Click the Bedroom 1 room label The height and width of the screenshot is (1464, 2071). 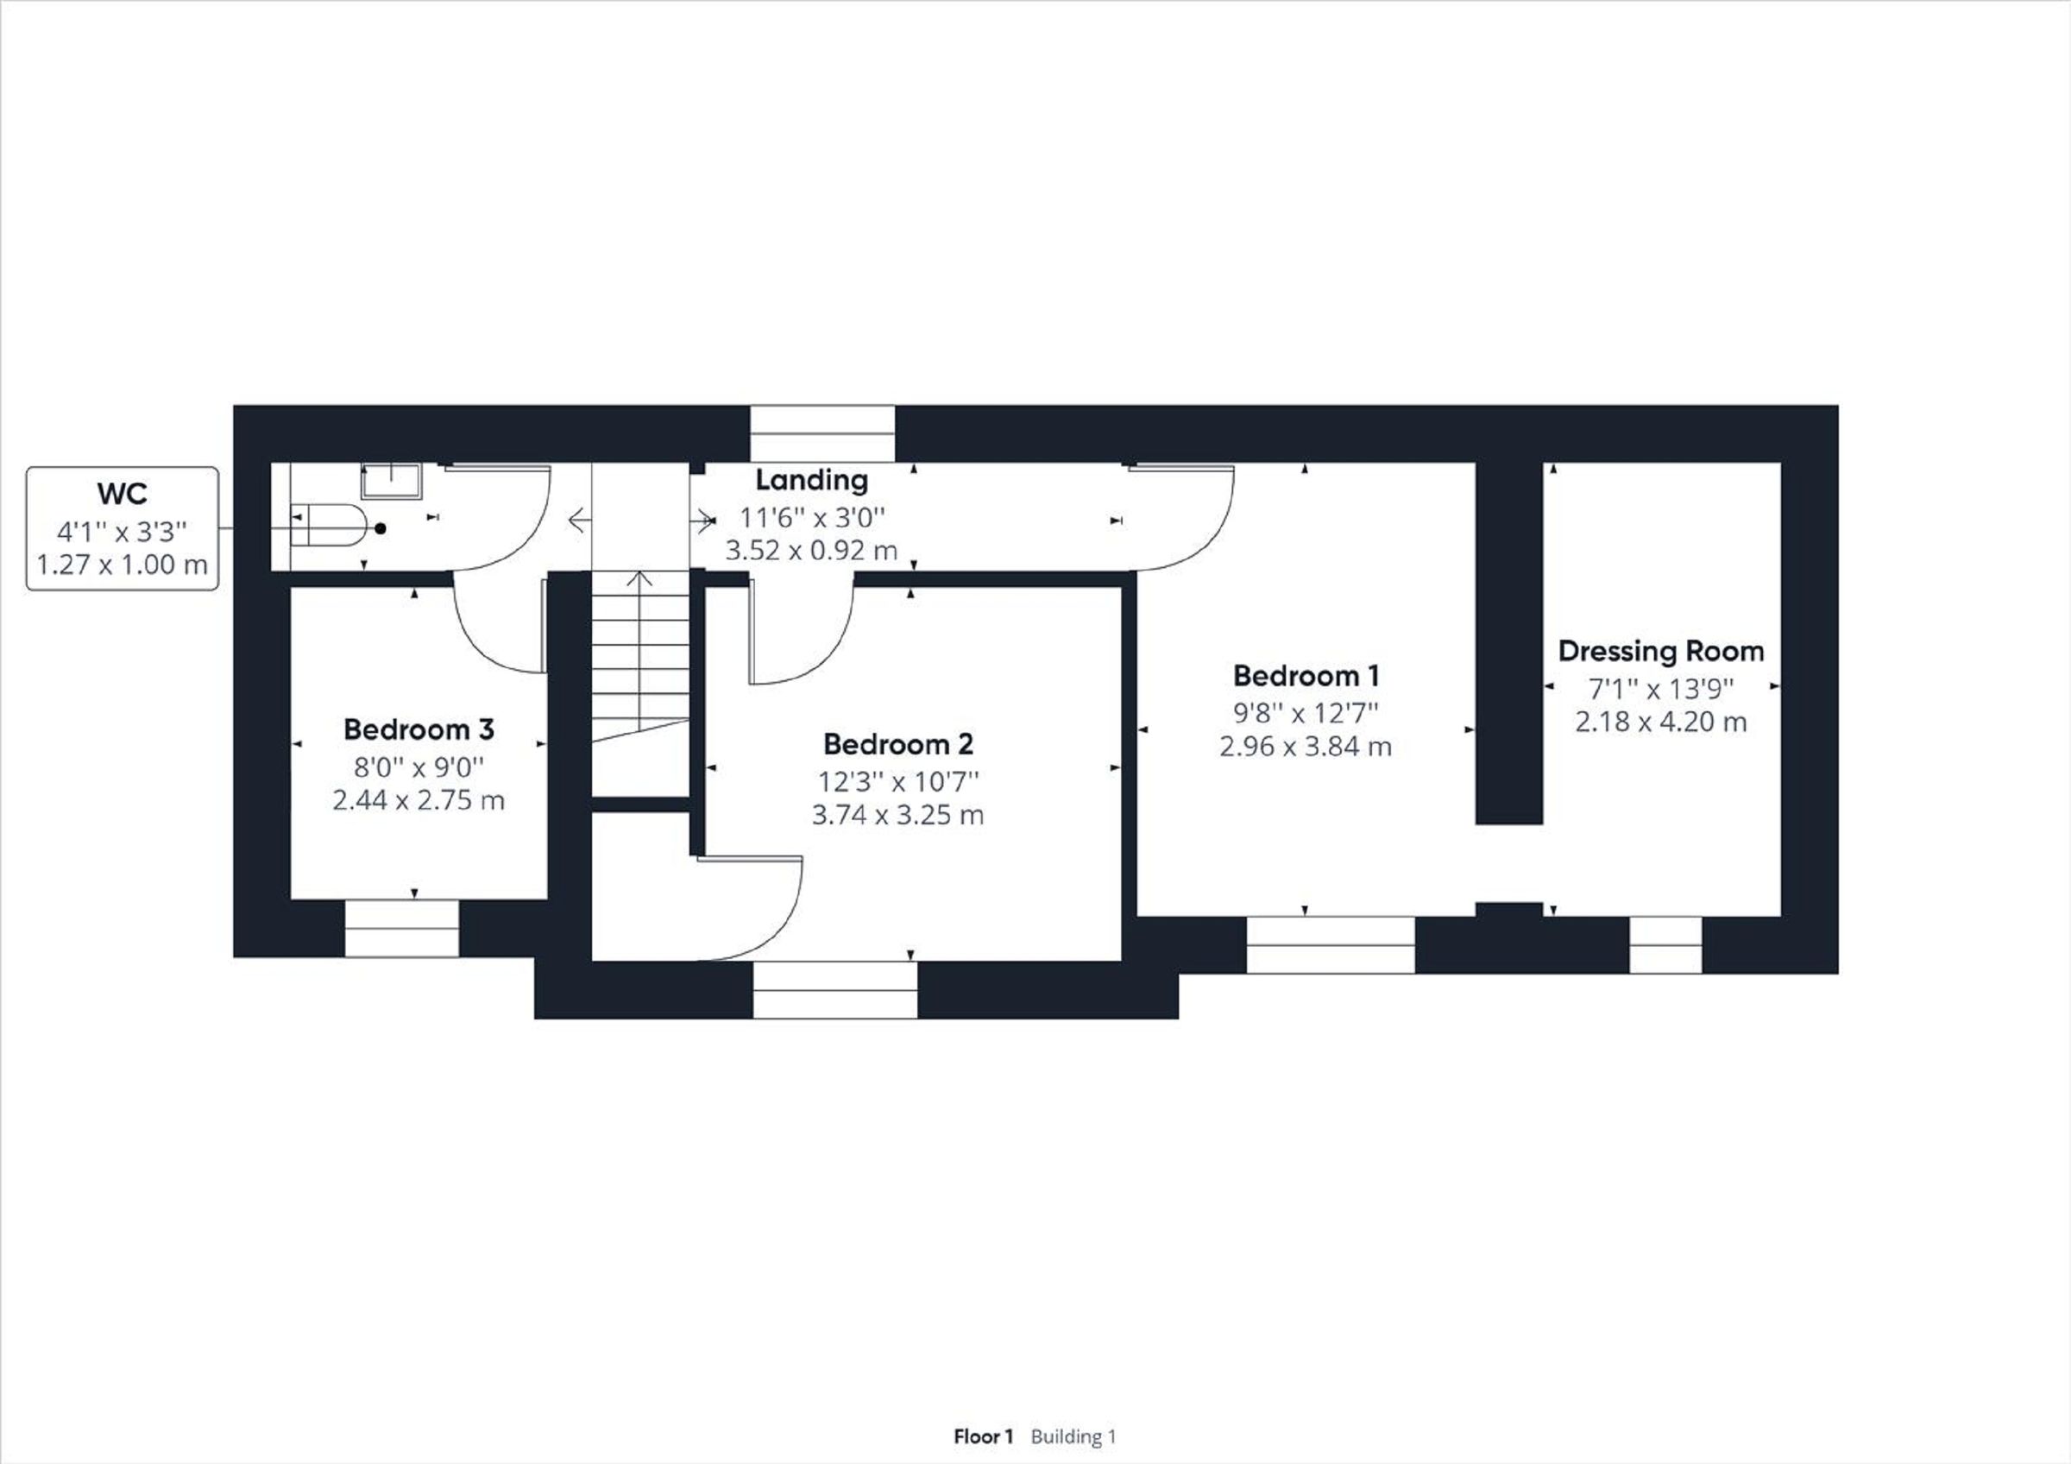[1306, 676]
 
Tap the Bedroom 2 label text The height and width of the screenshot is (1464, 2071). [897, 744]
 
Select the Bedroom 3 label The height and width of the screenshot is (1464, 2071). [419, 729]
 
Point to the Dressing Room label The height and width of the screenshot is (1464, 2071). [1660, 651]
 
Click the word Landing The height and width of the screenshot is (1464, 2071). [811, 480]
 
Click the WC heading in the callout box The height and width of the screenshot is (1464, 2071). [122, 495]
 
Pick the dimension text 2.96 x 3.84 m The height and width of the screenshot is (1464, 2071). [1306, 747]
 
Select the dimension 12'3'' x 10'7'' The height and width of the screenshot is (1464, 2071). [897, 781]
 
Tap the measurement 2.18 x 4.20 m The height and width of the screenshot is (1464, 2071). [1660, 723]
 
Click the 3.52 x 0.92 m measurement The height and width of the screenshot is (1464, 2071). [811, 550]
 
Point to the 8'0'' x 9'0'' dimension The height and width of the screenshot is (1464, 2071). [419, 767]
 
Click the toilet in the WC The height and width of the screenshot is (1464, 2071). [330, 525]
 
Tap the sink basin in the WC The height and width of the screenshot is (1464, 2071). [392, 481]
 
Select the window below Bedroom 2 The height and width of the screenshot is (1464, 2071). [835, 990]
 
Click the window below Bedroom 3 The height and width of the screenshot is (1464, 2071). [401, 929]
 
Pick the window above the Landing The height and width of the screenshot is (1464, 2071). [822, 434]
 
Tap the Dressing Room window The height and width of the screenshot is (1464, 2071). [1665, 944]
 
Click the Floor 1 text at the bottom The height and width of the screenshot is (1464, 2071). [983, 1436]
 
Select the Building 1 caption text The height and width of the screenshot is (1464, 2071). [1073, 1436]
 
